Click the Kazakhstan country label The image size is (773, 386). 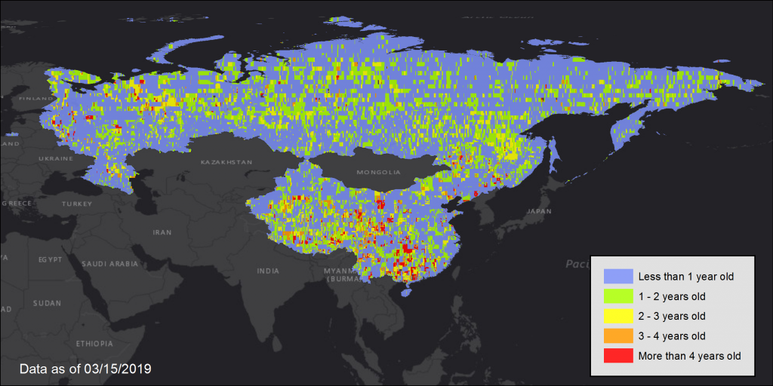point(226,162)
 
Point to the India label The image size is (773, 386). point(268,271)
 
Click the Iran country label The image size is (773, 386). point(162,233)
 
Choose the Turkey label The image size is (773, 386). point(76,204)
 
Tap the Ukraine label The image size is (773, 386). point(56,159)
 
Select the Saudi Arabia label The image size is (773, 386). point(110,264)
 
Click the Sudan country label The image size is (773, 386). point(47,303)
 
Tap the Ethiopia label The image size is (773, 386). point(94,344)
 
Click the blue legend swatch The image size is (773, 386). point(617,277)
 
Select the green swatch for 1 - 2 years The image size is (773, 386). point(617,296)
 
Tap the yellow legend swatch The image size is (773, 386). point(617,316)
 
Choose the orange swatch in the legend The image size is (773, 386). point(617,335)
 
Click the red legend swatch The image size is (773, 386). point(617,355)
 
